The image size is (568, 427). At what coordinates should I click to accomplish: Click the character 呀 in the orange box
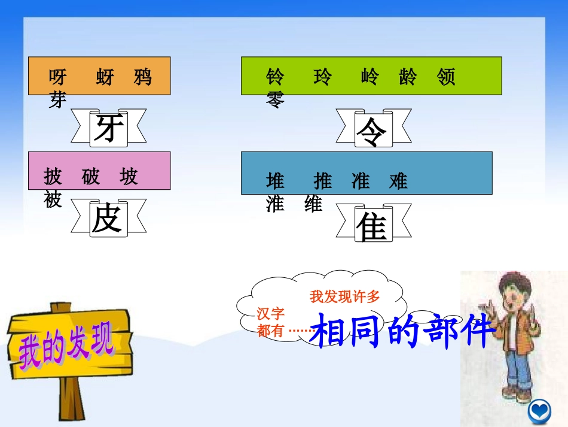58,77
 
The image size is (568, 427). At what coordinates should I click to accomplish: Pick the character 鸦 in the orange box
143,77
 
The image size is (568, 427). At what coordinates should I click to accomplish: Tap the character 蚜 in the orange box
105,77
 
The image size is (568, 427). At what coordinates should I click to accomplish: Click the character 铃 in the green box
276,77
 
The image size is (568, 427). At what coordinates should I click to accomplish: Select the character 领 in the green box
446,77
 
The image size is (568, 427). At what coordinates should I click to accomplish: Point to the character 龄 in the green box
408,77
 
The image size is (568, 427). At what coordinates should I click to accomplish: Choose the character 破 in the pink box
91,177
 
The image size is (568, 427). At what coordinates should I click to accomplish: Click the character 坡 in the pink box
129,177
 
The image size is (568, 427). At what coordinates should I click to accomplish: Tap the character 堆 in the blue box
276,180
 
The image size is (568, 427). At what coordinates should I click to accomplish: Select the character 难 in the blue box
398,180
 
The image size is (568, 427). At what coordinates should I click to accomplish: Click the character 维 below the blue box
313,204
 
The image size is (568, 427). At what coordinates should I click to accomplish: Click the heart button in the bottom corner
539,411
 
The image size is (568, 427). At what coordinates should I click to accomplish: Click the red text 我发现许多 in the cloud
345,296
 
